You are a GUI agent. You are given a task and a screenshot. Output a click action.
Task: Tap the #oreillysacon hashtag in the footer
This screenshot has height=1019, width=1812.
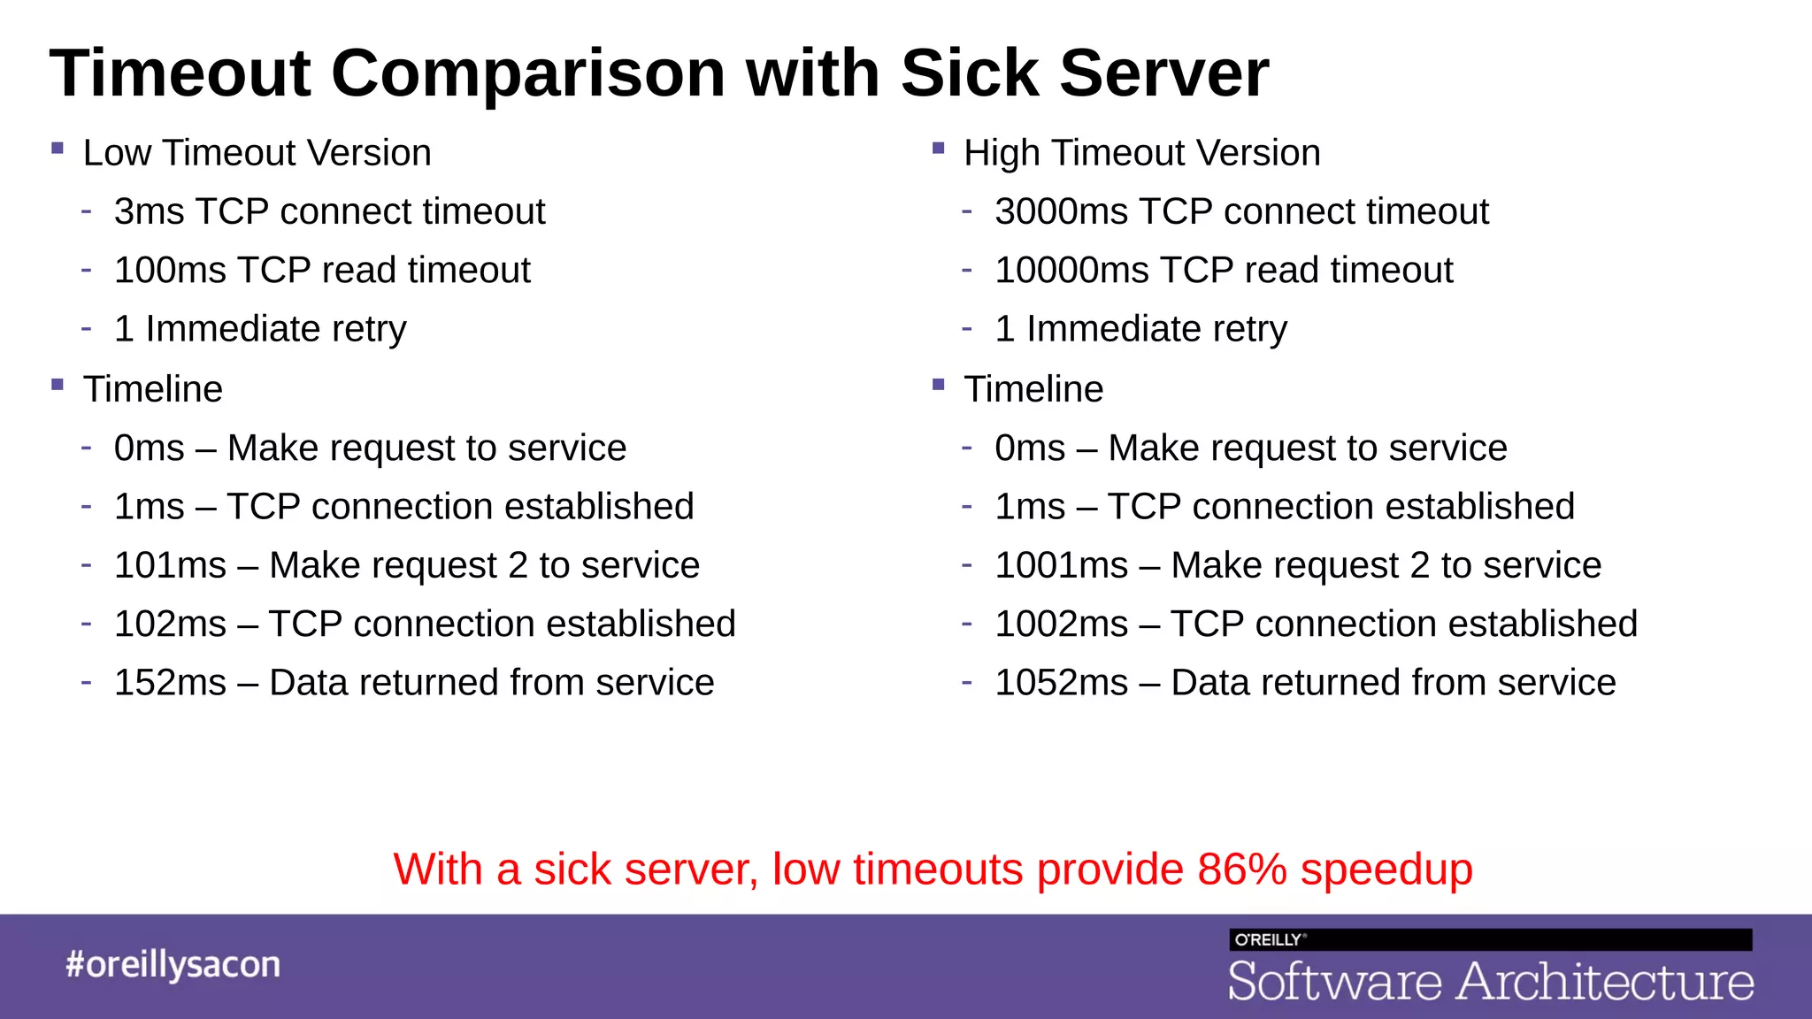point(173,964)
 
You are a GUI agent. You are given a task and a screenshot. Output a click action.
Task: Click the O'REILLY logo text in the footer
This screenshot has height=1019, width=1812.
point(1268,939)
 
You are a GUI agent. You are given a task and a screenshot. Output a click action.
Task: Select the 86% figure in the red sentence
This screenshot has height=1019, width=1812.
point(1242,870)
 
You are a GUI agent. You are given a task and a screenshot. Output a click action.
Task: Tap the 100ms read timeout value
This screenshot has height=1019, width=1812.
point(170,271)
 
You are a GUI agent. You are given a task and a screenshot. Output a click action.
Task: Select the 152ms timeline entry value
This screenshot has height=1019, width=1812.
point(170,683)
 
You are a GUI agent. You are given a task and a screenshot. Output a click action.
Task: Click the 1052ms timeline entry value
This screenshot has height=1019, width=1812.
point(1061,683)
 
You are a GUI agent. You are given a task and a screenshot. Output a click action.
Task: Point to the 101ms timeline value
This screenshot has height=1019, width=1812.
point(170,565)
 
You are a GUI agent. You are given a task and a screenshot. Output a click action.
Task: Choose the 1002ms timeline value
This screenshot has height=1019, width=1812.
point(1061,624)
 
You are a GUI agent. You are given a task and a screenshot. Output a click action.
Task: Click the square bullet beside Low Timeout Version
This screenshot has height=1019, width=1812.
point(58,149)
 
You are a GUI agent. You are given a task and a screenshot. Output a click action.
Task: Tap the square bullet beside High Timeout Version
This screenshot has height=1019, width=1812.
point(939,149)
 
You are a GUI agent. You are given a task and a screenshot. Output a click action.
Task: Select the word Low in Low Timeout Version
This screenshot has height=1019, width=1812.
point(117,153)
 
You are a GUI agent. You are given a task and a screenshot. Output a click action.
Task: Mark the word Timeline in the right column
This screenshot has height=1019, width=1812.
point(1033,389)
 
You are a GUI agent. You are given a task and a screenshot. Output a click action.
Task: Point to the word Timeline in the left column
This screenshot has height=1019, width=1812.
point(152,389)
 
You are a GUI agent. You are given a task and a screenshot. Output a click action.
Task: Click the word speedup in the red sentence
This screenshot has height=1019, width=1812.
point(1386,870)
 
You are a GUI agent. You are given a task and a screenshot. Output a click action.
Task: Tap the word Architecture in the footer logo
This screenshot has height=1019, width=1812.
point(1605,982)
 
